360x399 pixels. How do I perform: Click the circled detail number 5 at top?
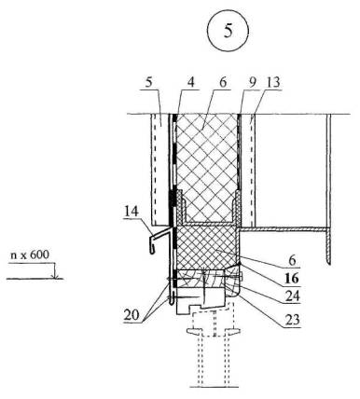pyautogui.click(x=228, y=31)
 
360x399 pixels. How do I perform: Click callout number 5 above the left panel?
pyautogui.click(x=149, y=83)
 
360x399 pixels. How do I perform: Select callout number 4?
pyautogui.click(x=190, y=82)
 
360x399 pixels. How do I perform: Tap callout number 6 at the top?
pyautogui.click(x=223, y=83)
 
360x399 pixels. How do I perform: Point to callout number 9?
pyautogui.click(x=252, y=83)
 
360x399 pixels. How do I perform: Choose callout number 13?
pyautogui.click(x=273, y=83)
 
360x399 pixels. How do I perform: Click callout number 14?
pyautogui.click(x=132, y=213)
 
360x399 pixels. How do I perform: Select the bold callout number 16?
pyautogui.click(x=292, y=278)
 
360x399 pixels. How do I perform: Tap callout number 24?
pyautogui.click(x=292, y=296)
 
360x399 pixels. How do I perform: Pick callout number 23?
pyautogui.click(x=292, y=320)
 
